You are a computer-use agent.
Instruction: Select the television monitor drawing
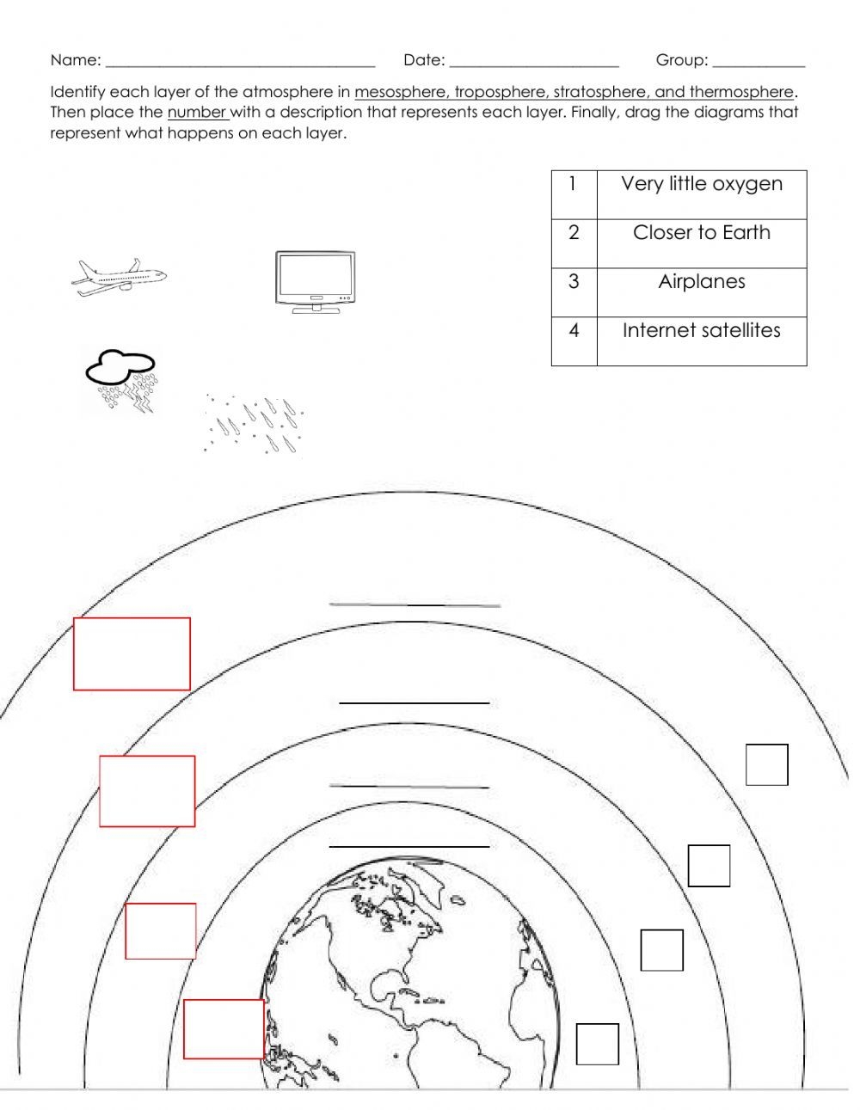pos(315,282)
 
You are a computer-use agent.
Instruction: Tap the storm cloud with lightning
pos(121,380)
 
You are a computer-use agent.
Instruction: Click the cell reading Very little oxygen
pos(701,184)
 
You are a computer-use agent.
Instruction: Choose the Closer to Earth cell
pos(701,233)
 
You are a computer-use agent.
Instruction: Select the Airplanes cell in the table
pos(701,282)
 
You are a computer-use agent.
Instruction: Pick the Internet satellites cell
pos(701,331)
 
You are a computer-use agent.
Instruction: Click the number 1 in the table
pos(574,184)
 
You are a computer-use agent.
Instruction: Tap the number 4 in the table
pos(574,331)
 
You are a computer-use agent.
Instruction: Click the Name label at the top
pos(76,60)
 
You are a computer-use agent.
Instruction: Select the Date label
pos(424,60)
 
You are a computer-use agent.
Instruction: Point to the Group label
pos(682,60)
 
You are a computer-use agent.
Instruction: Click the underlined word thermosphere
pos(740,92)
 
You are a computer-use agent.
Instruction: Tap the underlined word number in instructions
pos(197,113)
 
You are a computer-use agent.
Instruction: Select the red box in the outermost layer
pos(132,653)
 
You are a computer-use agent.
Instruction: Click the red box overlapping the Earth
pos(224,1029)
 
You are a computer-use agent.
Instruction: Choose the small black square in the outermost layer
pos(766,764)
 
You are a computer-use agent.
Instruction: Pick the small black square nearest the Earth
pos(597,1044)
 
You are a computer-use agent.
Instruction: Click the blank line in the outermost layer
pos(415,605)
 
